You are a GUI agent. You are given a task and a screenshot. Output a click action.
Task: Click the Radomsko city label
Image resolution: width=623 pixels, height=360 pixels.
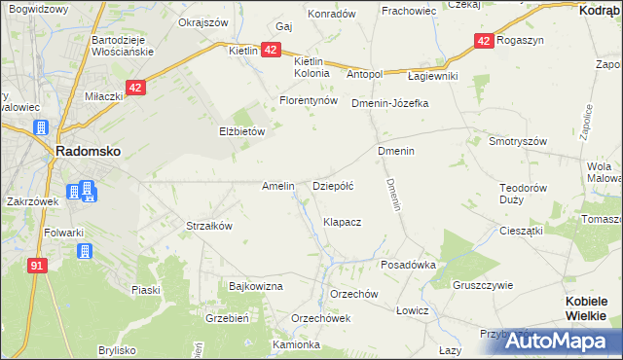click(88, 153)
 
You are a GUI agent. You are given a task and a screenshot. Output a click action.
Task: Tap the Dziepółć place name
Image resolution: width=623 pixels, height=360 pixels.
click(332, 185)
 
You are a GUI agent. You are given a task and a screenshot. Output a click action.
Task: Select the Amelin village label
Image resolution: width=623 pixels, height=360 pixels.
click(278, 185)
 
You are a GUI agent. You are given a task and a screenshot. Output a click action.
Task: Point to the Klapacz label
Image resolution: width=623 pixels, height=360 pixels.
click(343, 222)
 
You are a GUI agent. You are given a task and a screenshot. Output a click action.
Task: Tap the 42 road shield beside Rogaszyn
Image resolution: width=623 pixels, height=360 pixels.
click(484, 40)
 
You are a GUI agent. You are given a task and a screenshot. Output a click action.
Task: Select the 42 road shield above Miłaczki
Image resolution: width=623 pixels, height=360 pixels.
click(135, 87)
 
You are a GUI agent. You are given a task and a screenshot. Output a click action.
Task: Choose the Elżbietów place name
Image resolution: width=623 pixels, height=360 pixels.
click(241, 130)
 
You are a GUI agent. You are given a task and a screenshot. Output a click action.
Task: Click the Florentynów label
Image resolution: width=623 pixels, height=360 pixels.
click(308, 100)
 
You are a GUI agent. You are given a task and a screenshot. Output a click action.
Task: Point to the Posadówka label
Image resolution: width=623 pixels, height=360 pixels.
click(408, 264)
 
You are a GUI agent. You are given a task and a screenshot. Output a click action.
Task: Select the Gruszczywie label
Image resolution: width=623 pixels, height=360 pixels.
click(483, 285)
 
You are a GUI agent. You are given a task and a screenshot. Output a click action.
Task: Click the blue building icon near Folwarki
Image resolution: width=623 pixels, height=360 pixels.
click(84, 251)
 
